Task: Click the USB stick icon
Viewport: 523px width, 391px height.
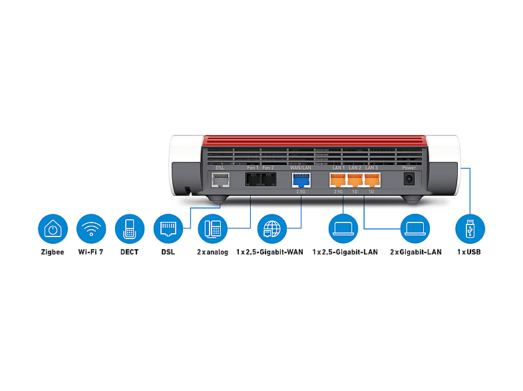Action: (469, 229)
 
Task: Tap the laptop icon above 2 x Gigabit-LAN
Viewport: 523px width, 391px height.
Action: (414, 229)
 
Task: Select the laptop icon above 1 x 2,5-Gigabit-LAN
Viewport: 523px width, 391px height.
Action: (343, 229)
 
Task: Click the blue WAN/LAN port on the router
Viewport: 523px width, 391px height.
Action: (301, 180)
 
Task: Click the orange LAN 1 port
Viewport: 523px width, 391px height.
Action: (337, 180)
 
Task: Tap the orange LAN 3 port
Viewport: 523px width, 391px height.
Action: (372, 180)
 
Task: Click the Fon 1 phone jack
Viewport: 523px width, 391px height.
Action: (252, 180)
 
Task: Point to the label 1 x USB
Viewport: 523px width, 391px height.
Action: (468, 252)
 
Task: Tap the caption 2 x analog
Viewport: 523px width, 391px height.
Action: (213, 252)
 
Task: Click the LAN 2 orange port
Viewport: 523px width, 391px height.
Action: (355, 180)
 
